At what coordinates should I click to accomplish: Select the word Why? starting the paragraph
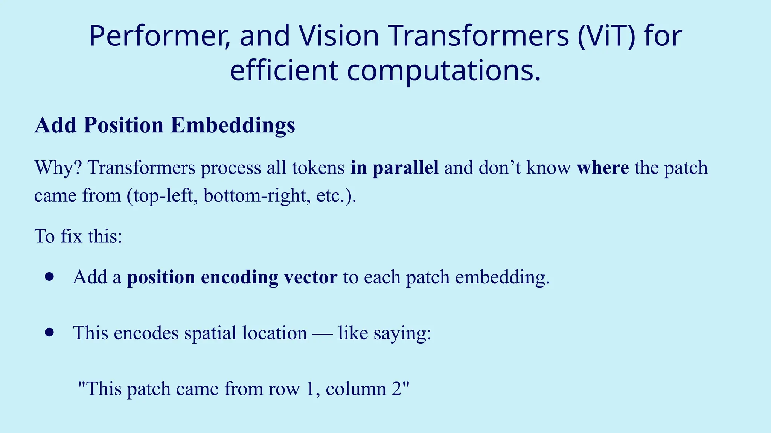pos(58,168)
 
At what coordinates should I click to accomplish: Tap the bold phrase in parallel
pos(394,168)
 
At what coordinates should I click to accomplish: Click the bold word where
pos(602,168)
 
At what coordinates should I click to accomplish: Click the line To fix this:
pos(78,236)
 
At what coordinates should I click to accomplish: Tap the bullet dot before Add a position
pos(49,277)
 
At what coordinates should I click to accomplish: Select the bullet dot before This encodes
pos(49,333)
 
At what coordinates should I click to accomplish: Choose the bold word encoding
pos(239,277)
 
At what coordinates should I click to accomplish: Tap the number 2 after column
pos(398,389)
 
